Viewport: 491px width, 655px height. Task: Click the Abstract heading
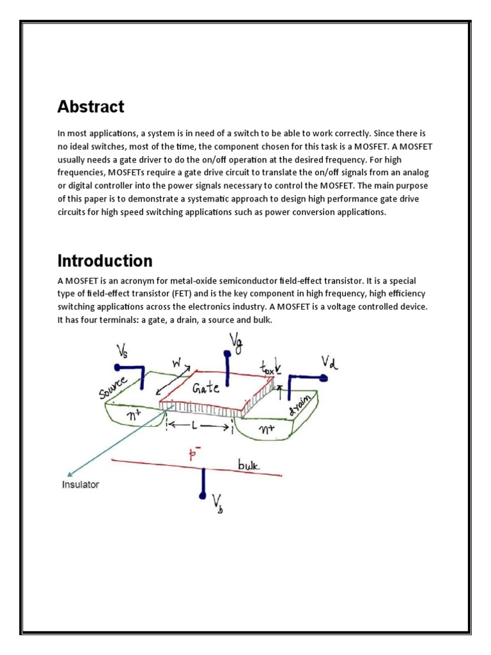[91, 106]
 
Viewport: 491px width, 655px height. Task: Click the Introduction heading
[105, 261]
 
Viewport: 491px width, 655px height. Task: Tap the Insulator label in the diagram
[81, 484]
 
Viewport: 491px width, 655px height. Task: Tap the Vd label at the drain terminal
[329, 363]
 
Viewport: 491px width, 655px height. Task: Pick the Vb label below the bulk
[219, 507]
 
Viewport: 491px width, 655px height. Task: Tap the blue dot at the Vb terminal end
[203, 496]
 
